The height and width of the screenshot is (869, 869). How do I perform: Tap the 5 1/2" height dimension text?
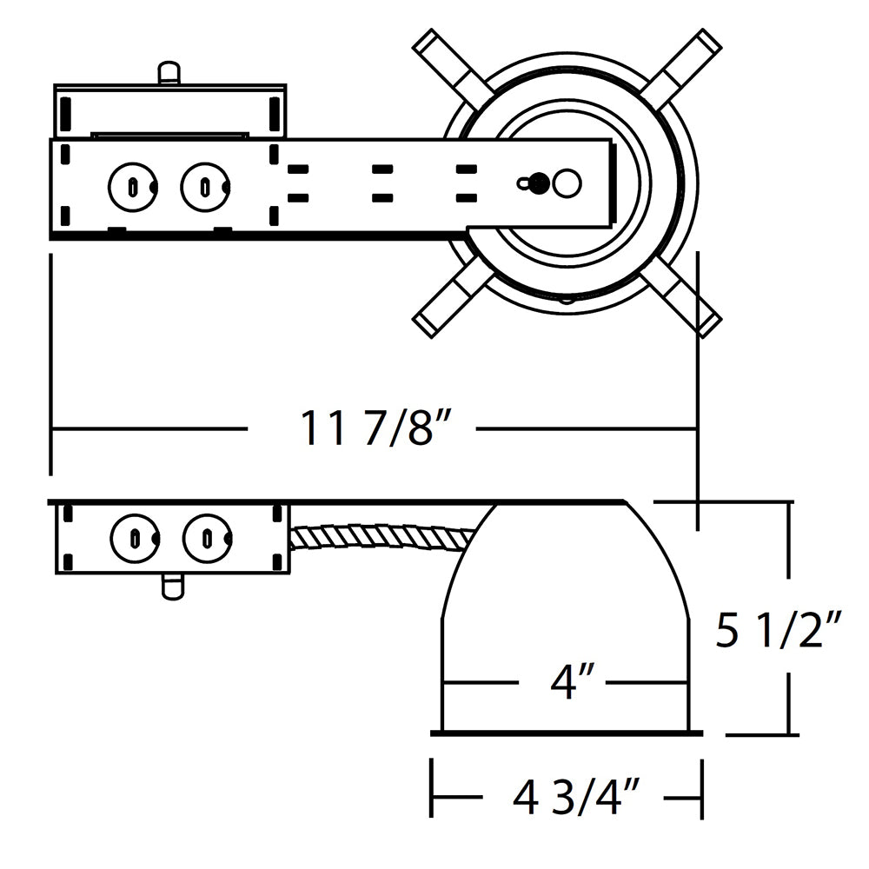[x=779, y=631]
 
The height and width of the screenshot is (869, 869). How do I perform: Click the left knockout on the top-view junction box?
[x=131, y=185]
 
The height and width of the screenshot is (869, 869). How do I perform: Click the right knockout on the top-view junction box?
[x=205, y=185]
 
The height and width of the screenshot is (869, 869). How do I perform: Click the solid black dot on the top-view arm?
[x=540, y=183]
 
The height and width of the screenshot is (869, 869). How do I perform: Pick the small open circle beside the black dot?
[x=567, y=183]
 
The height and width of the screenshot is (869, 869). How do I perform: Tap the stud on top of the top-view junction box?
[x=170, y=72]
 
